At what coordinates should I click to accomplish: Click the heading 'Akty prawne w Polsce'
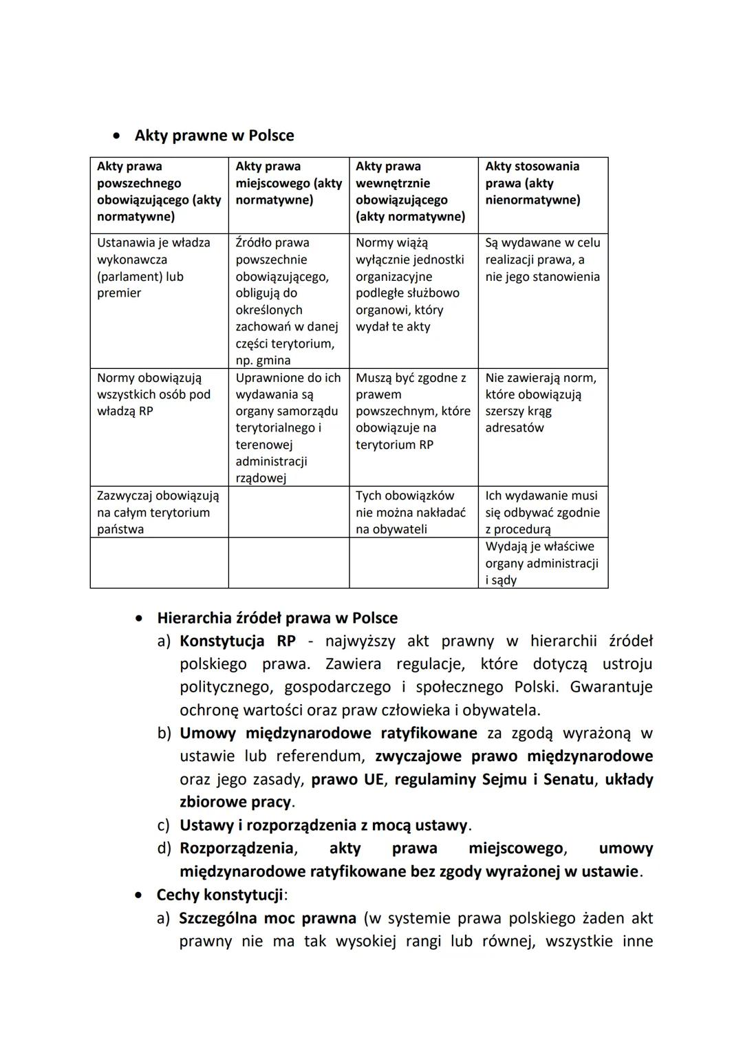click(214, 136)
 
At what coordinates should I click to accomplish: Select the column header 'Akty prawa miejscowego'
click(288, 183)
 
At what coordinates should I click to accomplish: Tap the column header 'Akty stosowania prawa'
click(532, 183)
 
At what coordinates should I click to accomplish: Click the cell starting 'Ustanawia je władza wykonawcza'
click(153, 268)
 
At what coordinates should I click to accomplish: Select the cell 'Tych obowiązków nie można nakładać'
click(411, 512)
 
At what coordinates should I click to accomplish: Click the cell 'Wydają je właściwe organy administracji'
click(541, 563)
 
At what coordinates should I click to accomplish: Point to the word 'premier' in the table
click(119, 293)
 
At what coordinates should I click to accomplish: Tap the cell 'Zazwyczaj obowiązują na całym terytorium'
click(158, 512)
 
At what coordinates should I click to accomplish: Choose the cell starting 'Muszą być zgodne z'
click(412, 411)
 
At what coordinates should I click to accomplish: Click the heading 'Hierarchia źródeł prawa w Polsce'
click(277, 618)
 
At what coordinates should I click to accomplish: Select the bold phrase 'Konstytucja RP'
click(237, 641)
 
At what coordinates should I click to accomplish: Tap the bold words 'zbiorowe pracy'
click(235, 803)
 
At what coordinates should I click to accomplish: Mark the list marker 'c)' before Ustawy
click(164, 825)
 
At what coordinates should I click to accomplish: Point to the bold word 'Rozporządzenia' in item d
click(237, 849)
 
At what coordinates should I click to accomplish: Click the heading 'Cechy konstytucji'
click(219, 895)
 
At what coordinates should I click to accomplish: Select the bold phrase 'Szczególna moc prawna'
click(268, 918)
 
